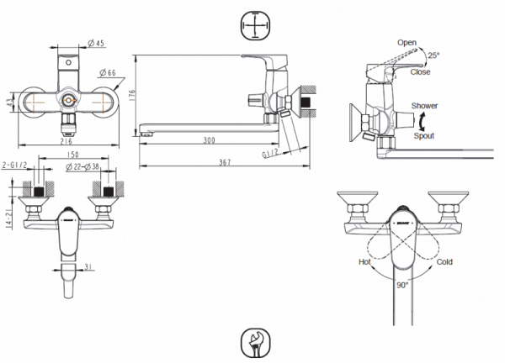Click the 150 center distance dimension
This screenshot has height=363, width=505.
pos(73,156)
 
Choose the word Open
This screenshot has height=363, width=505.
pos(408,42)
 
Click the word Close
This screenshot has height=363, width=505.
pos(421,72)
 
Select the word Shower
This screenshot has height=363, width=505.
pos(424,107)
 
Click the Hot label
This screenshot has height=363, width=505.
pos(365,262)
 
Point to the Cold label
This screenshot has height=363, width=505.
pos(444,262)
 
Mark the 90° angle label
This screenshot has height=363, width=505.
pos(403,286)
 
